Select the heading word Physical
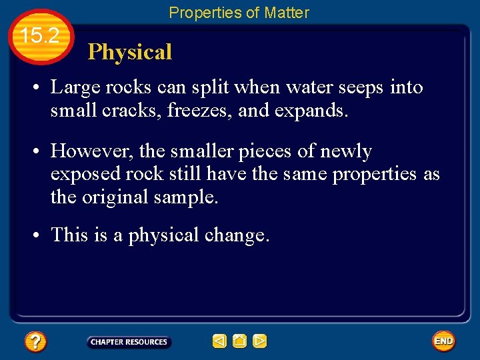click(x=130, y=52)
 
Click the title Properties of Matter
click(x=239, y=12)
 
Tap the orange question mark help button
click(x=35, y=342)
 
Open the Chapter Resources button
click(x=129, y=342)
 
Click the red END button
click(x=443, y=341)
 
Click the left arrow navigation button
click(x=219, y=342)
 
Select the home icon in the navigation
click(x=240, y=342)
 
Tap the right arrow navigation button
click(x=260, y=342)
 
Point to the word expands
click(x=313, y=111)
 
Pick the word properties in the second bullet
click(x=374, y=174)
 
